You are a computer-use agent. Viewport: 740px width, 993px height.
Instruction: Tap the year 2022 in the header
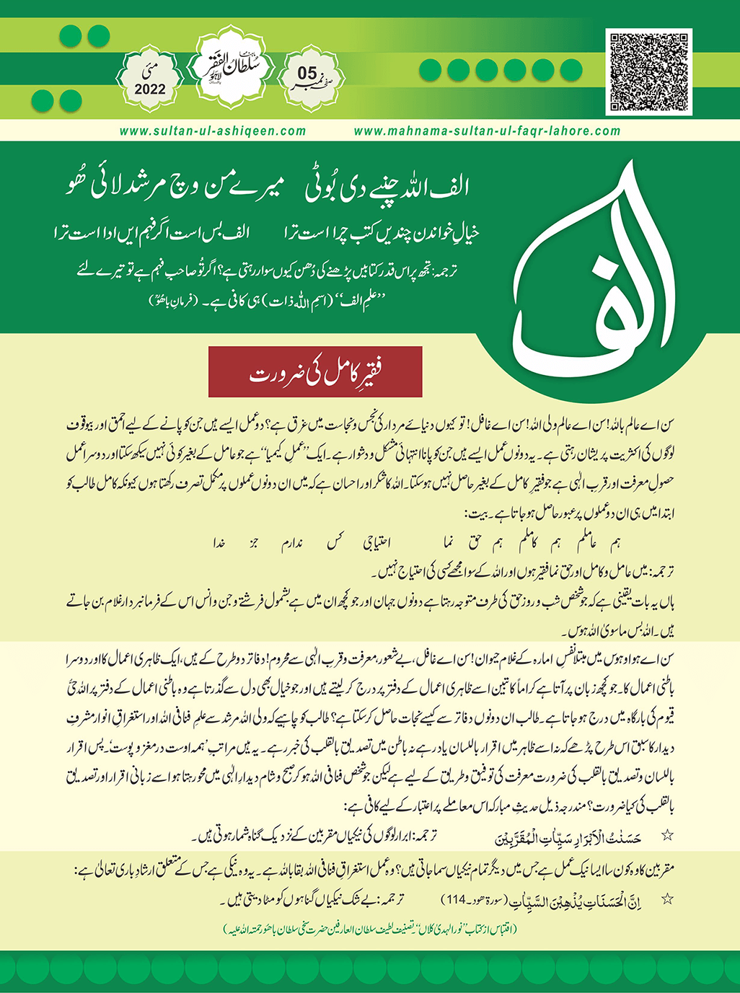(x=149, y=90)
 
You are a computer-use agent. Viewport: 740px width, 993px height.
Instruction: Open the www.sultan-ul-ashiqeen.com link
(x=213, y=131)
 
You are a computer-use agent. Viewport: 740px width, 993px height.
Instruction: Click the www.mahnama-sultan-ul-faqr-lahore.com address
(x=487, y=131)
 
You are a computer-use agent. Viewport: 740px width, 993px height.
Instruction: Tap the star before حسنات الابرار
(x=667, y=835)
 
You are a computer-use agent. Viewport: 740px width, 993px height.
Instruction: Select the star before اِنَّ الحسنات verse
(x=667, y=899)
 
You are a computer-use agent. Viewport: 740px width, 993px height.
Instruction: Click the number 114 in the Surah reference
(x=454, y=899)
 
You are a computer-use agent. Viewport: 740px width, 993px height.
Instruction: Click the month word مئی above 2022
(x=149, y=71)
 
